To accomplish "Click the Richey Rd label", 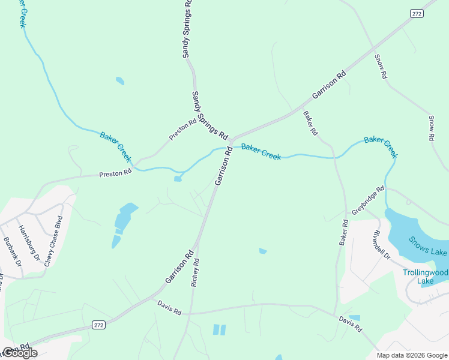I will [194, 272].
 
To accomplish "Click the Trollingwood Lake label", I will [426, 277].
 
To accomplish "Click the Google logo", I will [19, 353].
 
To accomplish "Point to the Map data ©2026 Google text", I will [412, 355].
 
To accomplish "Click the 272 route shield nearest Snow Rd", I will [417, 13].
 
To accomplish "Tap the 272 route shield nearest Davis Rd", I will [99, 325].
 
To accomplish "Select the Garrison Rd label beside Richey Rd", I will [179, 268].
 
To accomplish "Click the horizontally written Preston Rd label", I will [115, 173].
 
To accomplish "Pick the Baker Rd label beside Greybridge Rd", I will [343, 232].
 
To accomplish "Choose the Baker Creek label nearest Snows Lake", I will [381, 146].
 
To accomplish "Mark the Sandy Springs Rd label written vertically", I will [187, 29].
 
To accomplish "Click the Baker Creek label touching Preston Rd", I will [115, 146].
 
